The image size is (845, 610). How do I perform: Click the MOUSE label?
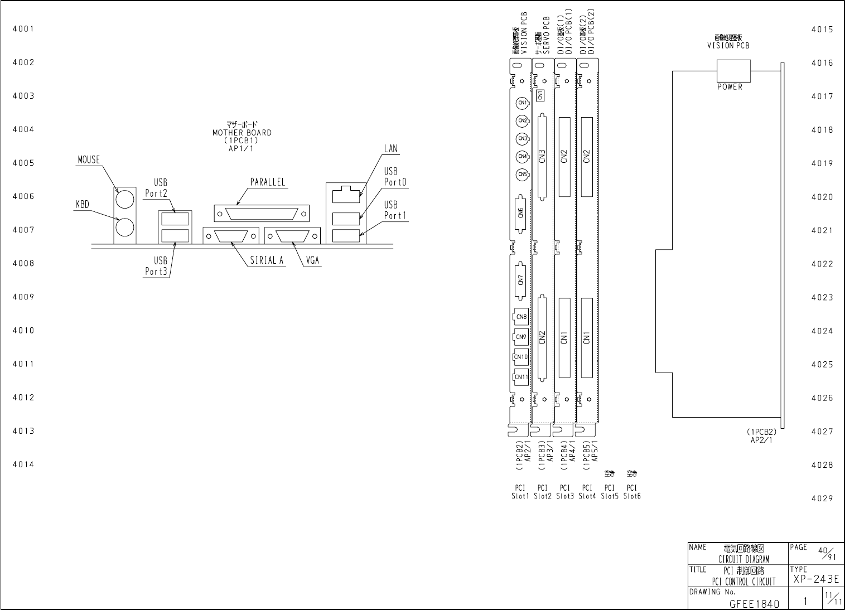[88, 160]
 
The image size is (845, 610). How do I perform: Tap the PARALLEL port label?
[267, 182]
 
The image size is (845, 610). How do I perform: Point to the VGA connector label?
[313, 260]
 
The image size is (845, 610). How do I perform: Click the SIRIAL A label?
[267, 260]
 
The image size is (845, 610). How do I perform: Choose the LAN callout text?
[390, 149]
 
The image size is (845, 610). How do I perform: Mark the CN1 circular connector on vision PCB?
[522, 103]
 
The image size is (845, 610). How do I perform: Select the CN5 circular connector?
[522, 175]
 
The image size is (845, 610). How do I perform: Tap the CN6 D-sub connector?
[520, 212]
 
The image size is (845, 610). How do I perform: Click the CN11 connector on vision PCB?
[521, 377]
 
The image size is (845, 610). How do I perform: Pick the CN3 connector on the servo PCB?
[541, 158]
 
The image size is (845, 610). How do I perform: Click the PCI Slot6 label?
[632, 492]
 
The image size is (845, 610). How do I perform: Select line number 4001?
[23, 29]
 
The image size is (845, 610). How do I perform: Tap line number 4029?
[822, 498]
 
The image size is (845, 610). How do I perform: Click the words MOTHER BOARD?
[242, 133]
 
